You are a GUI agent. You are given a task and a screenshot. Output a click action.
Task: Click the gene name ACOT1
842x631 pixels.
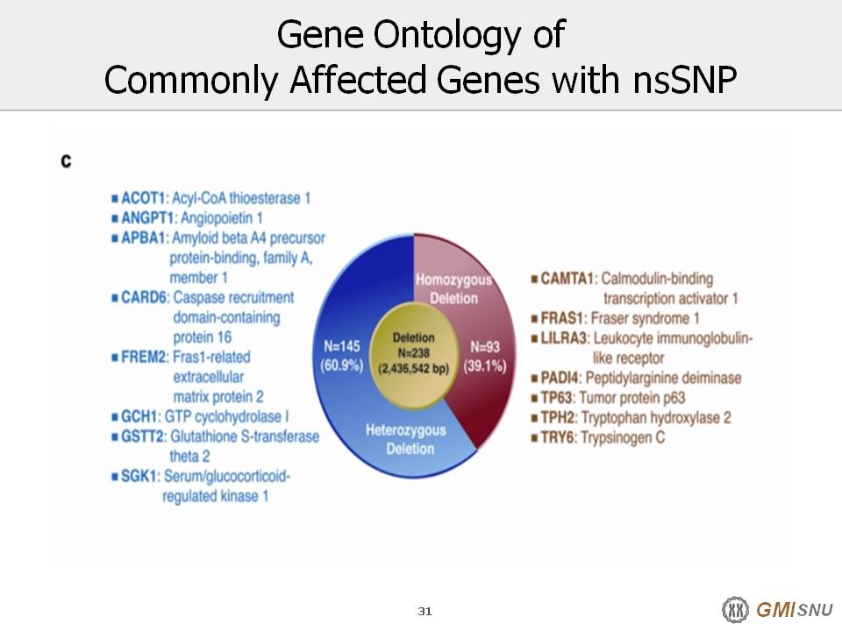[143, 198]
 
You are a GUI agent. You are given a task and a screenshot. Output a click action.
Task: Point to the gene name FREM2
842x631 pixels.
[145, 357]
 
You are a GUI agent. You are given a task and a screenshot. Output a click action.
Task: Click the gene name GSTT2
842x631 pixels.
[143, 436]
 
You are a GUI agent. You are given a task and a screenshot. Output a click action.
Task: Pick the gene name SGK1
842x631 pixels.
[139, 476]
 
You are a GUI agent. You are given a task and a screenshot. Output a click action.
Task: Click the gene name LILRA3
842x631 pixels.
[564, 338]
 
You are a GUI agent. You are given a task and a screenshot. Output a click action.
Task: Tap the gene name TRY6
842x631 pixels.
[558, 437]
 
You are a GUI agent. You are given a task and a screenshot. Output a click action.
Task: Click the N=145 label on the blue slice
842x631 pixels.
[341, 347]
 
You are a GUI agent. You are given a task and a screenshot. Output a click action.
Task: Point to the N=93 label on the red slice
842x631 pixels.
[485, 347]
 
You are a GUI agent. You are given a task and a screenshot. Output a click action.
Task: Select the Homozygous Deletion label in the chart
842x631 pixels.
[453, 288]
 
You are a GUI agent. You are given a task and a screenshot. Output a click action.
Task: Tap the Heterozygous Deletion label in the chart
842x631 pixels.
[406, 439]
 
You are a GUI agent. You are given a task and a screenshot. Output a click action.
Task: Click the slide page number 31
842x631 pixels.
[425, 611]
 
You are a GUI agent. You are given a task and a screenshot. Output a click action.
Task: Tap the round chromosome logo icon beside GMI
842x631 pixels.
[735, 610]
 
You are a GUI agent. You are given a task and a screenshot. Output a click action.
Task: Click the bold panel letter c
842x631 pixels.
[66, 161]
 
